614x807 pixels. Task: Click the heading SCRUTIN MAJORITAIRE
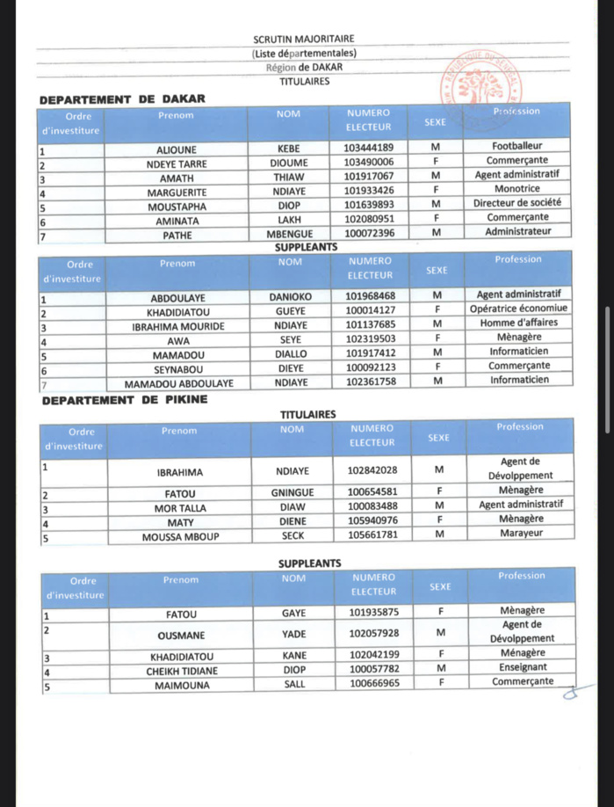point(304,39)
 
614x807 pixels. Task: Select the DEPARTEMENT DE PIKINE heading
point(125,400)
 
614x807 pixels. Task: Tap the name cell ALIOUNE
point(177,149)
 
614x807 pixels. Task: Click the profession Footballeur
point(517,146)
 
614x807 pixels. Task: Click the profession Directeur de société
point(517,202)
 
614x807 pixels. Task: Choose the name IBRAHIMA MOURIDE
point(177,326)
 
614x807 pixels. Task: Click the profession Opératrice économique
point(519,309)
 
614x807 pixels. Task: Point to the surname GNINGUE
point(292,491)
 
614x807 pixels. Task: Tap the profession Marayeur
point(521,533)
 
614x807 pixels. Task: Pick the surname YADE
point(293,633)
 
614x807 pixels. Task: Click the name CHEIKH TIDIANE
point(182,671)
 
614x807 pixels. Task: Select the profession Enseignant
point(522,667)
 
